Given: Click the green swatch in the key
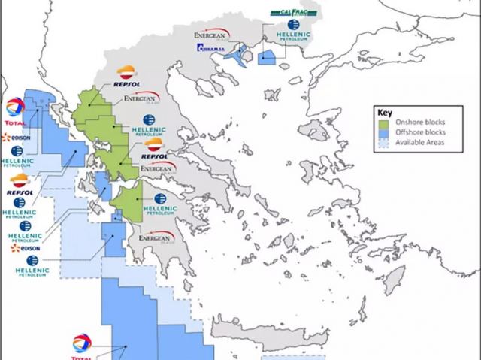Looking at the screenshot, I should pos(383,121).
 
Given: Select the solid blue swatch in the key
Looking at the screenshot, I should pos(383,132).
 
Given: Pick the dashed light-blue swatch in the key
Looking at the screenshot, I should pos(383,142).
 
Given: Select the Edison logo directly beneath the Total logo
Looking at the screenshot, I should pos(15,138).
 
